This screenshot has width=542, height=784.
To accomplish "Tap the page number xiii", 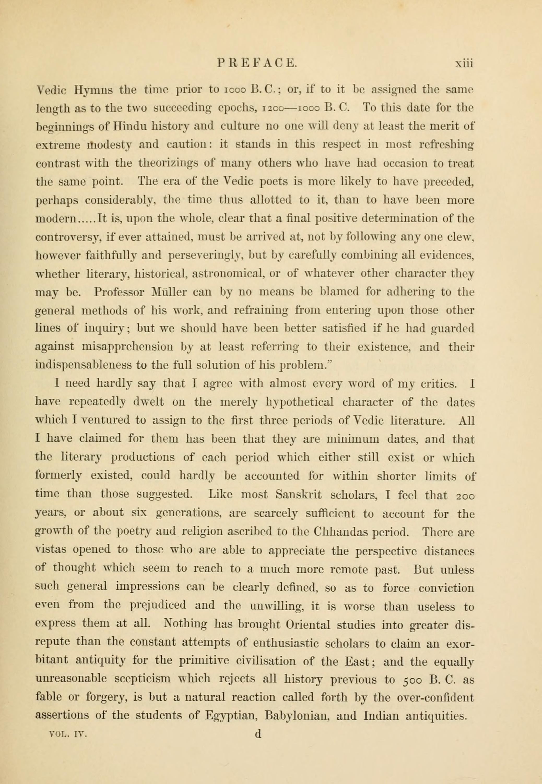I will click(464, 63).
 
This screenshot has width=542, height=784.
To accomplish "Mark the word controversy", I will click(67, 237).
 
